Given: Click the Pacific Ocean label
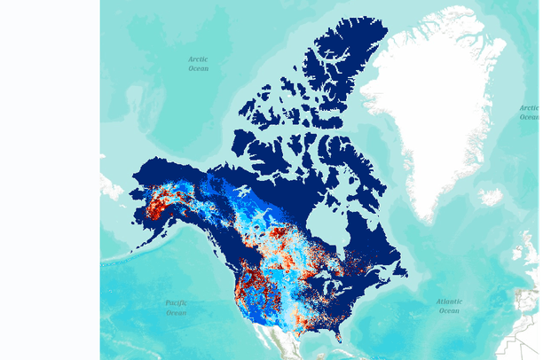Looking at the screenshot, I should tap(176, 307).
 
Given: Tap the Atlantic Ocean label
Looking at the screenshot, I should tap(449, 306).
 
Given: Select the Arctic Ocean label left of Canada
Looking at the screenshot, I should tap(198, 63).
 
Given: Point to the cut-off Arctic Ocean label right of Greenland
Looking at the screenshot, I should tap(530, 112).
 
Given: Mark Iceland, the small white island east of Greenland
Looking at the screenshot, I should tap(490, 197).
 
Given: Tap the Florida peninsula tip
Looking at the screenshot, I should tap(341, 336).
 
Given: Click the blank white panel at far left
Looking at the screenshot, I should tap(49, 177).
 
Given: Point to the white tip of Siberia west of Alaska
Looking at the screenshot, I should tap(111, 186).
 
